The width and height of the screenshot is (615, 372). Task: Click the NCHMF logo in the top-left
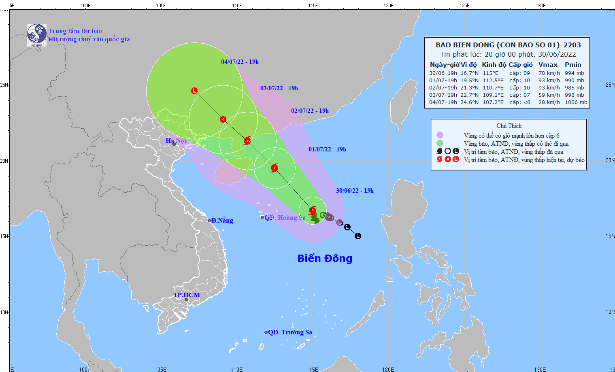pos(36,35)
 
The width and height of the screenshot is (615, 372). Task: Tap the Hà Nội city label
pos(176,141)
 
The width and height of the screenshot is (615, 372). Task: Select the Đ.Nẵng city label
pos(222,221)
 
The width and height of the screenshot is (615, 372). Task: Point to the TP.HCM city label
pos(187,295)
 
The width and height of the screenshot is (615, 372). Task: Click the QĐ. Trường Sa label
pos(290,332)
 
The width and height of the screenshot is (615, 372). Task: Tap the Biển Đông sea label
pos(325,258)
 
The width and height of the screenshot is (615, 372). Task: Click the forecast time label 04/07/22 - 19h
pos(240,62)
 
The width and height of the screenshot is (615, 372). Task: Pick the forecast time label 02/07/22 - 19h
pos(310,111)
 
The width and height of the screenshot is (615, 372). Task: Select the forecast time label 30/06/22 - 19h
pos(355,191)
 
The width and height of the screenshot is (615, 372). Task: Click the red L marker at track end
pos(194,91)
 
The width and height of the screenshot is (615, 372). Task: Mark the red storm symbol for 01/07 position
pos(274,168)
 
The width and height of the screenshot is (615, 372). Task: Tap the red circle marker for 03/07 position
pos(223,119)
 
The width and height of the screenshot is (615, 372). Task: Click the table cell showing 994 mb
pos(574,73)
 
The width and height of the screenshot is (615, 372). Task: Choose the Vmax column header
pos(548,65)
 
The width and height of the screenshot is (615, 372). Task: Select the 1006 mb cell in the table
pos(576,102)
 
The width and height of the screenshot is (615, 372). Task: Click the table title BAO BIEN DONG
pos(508,45)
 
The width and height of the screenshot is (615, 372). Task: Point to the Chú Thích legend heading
pos(509,126)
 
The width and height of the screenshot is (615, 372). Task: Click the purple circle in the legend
pos(440,135)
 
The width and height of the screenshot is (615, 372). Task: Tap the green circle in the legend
pos(440,143)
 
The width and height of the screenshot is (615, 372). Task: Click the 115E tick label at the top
pos(313,6)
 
